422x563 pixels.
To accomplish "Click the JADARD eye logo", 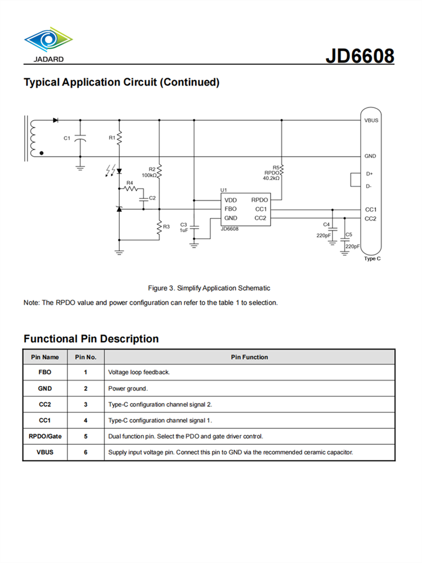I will coord(48,41).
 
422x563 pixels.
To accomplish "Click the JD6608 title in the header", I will coord(360,56).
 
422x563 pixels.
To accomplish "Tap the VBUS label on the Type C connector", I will coord(371,120).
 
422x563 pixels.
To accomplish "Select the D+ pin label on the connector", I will coord(370,174).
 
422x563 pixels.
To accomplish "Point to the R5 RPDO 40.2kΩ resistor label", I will coord(272,173).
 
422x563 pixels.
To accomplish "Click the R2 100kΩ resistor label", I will coord(149,172).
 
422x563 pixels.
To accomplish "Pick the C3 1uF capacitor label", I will coord(183,227).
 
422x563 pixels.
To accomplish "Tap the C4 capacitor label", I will coord(326,225).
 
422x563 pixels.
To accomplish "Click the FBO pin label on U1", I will coord(231,209).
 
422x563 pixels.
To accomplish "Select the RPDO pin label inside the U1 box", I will coord(259,200).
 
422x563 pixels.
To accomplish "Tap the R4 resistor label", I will coord(129,182).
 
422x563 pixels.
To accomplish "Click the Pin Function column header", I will coord(249,357).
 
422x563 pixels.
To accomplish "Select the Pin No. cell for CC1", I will coord(86,420).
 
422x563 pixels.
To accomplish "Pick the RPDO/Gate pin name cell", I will coord(45,436).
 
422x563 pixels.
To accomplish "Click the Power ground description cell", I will coord(127,388).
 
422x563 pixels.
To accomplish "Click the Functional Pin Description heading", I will coord(91,339).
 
